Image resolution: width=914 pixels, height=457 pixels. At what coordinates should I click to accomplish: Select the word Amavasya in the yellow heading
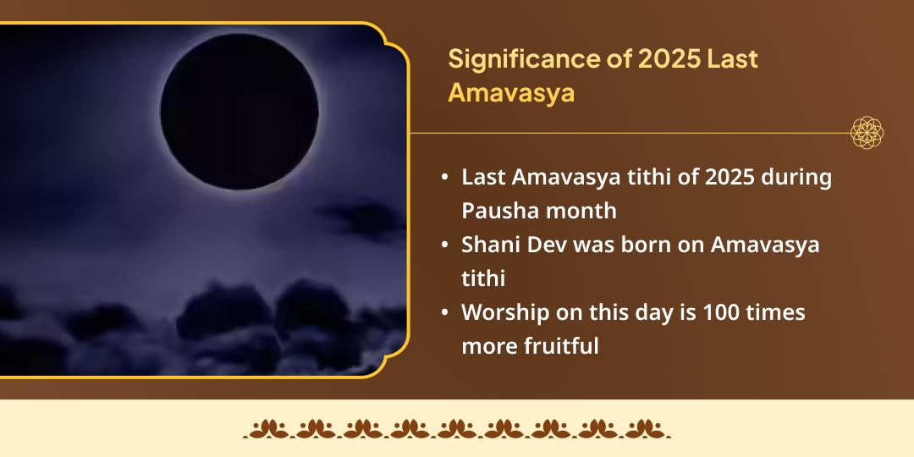[x=511, y=92]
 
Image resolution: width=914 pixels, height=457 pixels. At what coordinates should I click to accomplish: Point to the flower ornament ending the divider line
[x=867, y=133]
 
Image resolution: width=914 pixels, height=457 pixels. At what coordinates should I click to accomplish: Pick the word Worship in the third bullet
[x=504, y=312]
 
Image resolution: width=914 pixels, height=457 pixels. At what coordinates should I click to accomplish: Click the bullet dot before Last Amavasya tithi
[x=445, y=179]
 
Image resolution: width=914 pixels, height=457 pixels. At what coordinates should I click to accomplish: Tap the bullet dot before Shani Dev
[x=445, y=245]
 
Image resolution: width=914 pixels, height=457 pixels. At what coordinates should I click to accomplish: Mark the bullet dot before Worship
[x=445, y=313]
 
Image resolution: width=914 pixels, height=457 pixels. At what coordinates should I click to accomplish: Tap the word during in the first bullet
[x=798, y=178]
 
